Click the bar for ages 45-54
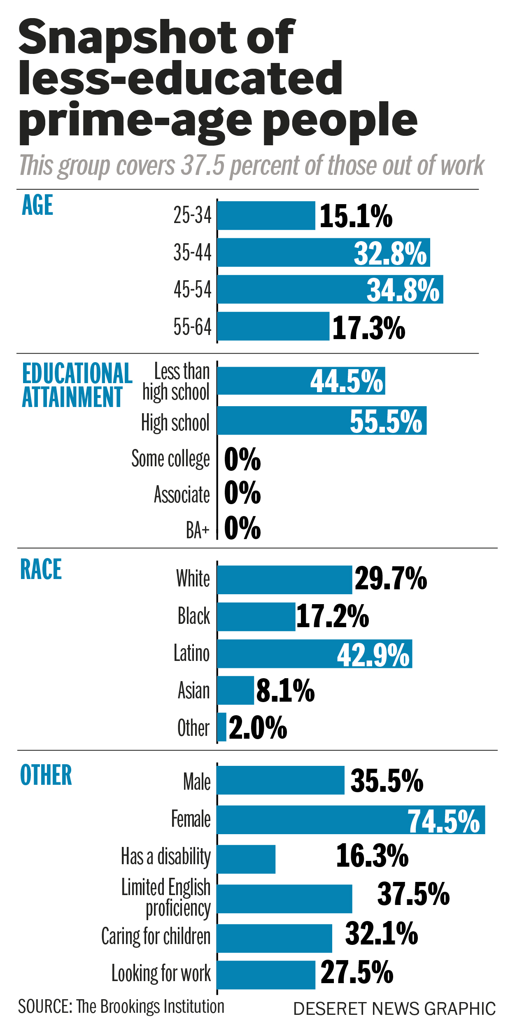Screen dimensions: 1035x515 pyautogui.click(x=329, y=289)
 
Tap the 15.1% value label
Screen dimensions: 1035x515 pyautogui.click(x=356, y=216)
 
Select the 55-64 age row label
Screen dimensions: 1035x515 pyautogui.click(x=192, y=327)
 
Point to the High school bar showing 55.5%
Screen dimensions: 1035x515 pyautogui.click(x=321, y=421)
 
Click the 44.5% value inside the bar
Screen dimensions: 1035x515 pyautogui.click(x=347, y=381)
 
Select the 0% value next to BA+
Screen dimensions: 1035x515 pyautogui.click(x=242, y=528)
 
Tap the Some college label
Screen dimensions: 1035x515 pyautogui.click(x=170, y=458)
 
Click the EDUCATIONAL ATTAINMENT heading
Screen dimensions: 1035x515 pyautogui.click(x=77, y=385)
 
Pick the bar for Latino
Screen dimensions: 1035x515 pyautogui.click(x=315, y=654)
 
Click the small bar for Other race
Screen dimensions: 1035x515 pyautogui.click(x=222, y=727)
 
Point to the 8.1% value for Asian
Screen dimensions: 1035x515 pyautogui.click(x=285, y=691)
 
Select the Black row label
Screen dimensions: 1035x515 pyautogui.click(x=193, y=616)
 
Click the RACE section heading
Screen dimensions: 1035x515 pyautogui.click(x=41, y=570)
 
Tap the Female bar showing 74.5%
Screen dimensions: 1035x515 pyautogui.click(x=350, y=820)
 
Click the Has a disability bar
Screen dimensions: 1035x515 pyautogui.click(x=246, y=859)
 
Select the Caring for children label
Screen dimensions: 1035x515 pyautogui.click(x=156, y=936)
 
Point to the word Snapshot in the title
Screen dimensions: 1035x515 pyautogui.click(x=126, y=37)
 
